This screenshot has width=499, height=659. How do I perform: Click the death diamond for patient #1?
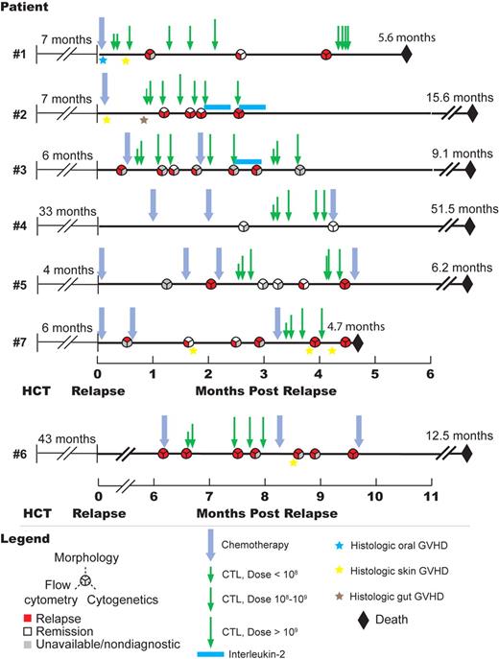tap(407, 55)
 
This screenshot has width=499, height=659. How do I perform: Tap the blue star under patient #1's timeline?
tap(103, 61)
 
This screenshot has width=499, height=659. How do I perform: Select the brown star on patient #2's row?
tap(144, 120)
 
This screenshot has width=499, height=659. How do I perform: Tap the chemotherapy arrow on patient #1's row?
tap(103, 31)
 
